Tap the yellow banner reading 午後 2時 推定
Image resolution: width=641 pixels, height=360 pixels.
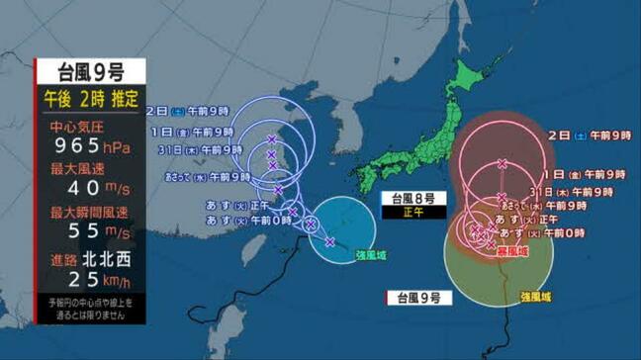[x=90, y=99]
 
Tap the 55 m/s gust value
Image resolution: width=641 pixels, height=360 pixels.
[x=84, y=232]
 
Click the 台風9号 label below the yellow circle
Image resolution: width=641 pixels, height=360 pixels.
[x=420, y=296]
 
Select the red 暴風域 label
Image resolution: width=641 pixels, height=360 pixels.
[x=510, y=251]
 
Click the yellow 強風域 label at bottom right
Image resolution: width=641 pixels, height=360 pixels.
[x=535, y=296]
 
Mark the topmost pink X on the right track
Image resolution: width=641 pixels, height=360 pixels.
[x=503, y=163]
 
